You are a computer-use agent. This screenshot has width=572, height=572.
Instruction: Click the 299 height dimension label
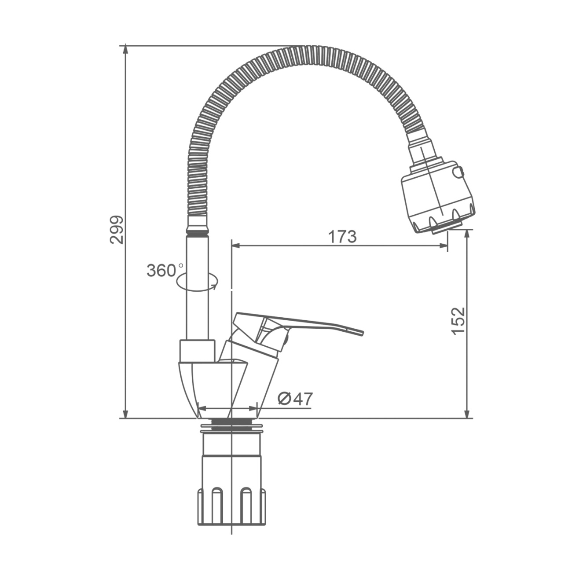pyautogui.click(x=117, y=230)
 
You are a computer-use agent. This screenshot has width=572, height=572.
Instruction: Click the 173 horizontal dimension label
pyautogui.click(x=342, y=237)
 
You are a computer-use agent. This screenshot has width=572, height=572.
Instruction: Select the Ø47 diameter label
pyautogui.click(x=295, y=399)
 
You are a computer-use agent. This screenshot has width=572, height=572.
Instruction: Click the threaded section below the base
pyautogui.click(x=231, y=422)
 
